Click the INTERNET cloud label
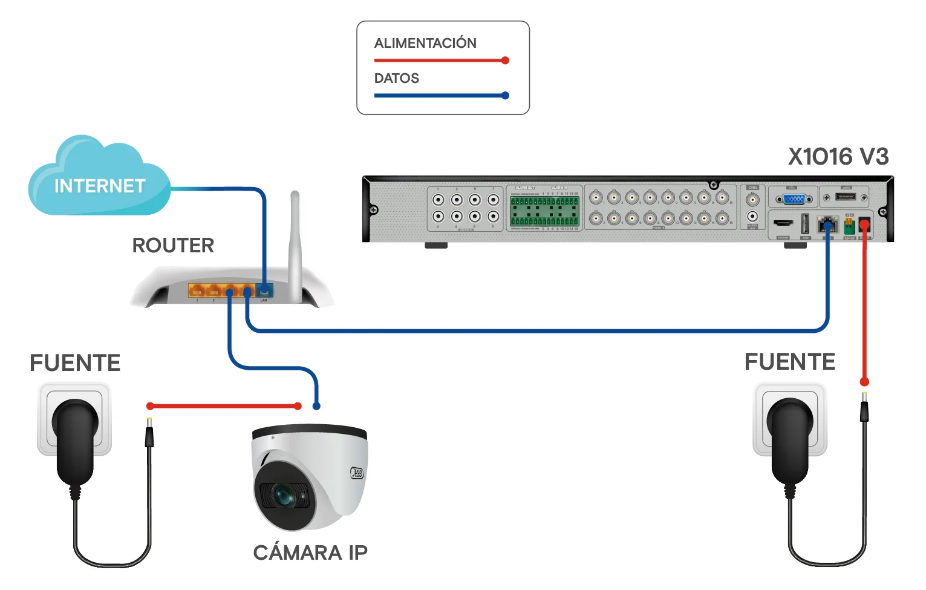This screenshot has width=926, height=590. pyautogui.click(x=100, y=186)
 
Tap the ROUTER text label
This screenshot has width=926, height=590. pyautogui.click(x=173, y=245)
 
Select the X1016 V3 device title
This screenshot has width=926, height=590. pyautogui.click(x=838, y=157)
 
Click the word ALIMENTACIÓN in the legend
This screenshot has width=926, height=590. pyautogui.click(x=425, y=43)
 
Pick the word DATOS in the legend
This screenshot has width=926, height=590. pyautogui.click(x=397, y=78)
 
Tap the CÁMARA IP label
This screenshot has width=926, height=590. pyautogui.click(x=310, y=552)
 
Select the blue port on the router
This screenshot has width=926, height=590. pyautogui.click(x=264, y=290)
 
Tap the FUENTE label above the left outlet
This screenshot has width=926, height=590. pyautogui.click(x=75, y=363)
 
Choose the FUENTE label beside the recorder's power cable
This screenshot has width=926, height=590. pyautogui.click(x=789, y=362)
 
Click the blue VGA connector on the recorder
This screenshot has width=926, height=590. pyautogui.click(x=794, y=198)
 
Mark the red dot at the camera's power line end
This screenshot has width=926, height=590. pyautogui.click(x=298, y=406)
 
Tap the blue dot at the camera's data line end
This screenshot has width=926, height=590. pyautogui.click(x=316, y=406)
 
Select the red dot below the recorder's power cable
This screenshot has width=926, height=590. pyautogui.click(x=864, y=382)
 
